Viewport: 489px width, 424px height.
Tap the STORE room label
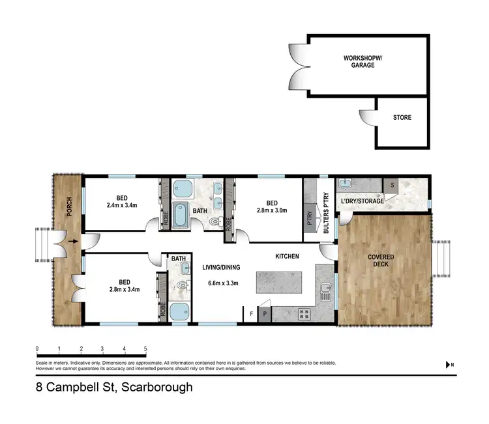click(x=402, y=118)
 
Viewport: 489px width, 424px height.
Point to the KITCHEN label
click(x=287, y=257)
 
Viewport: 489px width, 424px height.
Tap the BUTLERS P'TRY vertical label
click(x=327, y=212)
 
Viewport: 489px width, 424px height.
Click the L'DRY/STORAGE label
click(x=363, y=201)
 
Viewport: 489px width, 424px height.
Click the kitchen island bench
click(x=284, y=283)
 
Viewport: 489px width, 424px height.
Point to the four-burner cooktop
click(x=303, y=314)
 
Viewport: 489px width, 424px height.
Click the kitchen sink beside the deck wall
click(x=326, y=296)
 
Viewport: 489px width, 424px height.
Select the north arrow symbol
click(x=448, y=365)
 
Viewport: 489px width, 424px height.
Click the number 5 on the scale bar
click(x=145, y=348)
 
